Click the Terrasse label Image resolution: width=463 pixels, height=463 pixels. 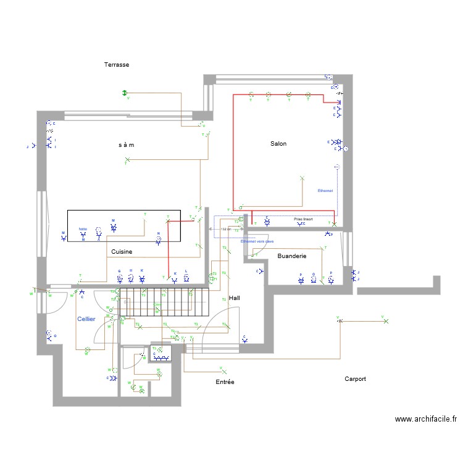(116, 64)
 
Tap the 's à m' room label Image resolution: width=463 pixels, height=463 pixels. (127, 144)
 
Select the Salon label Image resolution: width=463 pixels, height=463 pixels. (278, 143)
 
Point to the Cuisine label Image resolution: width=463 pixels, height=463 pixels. (122, 252)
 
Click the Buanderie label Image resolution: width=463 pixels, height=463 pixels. (292, 255)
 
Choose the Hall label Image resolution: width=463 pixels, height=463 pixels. (234, 298)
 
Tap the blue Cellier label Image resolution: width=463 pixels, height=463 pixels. (86, 319)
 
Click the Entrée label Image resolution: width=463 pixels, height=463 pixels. (225, 382)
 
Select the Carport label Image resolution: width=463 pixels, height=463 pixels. (355, 378)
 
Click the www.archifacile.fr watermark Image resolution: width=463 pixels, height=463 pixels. (425, 419)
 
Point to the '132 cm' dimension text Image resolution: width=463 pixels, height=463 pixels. (225, 229)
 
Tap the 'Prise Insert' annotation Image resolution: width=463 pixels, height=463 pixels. (304, 219)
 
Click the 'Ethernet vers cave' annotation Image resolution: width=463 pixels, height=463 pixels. (257, 241)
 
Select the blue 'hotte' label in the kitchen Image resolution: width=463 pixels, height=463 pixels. (83, 228)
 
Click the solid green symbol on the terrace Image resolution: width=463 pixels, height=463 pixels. (123, 93)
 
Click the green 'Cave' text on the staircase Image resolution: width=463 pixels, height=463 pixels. (157, 304)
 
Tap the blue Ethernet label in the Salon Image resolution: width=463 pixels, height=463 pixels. (325, 191)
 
